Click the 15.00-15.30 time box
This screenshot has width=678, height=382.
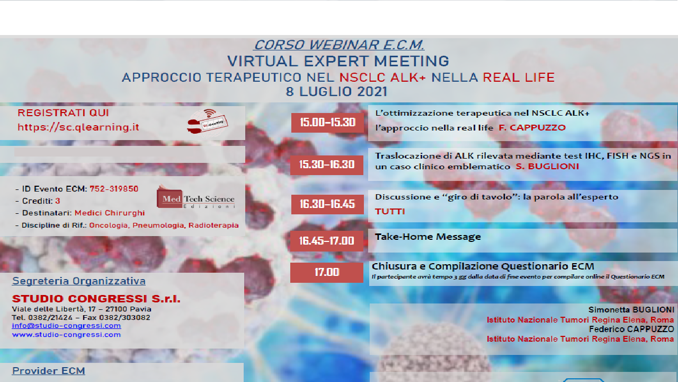(x=327, y=123)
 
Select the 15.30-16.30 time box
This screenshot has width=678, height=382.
(x=327, y=164)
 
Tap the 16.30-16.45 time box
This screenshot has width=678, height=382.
(x=327, y=204)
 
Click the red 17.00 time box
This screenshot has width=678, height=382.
(x=327, y=272)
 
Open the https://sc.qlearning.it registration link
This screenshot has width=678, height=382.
(x=78, y=127)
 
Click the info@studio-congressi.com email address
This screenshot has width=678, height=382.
(x=66, y=326)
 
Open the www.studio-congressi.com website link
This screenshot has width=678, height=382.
(x=66, y=335)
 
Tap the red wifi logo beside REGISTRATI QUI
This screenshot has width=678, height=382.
(x=207, y=121)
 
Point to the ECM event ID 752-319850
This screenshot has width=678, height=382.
(x=114, y=189)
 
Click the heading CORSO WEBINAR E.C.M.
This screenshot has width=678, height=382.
(x=339, y=45)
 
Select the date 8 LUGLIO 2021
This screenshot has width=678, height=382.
(x=336, y=91)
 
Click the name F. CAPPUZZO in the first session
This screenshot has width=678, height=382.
(x=532, y=128)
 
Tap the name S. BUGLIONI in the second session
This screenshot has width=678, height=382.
(x=547, y=167)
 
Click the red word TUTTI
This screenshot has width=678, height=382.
(x=390, y=212)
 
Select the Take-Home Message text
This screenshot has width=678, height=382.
(x=428, y=237)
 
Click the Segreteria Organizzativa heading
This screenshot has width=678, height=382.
(x=79, y=281)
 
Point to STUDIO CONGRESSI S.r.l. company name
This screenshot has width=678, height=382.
(x=96, y=299)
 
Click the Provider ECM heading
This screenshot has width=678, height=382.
(x=49, y=371)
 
